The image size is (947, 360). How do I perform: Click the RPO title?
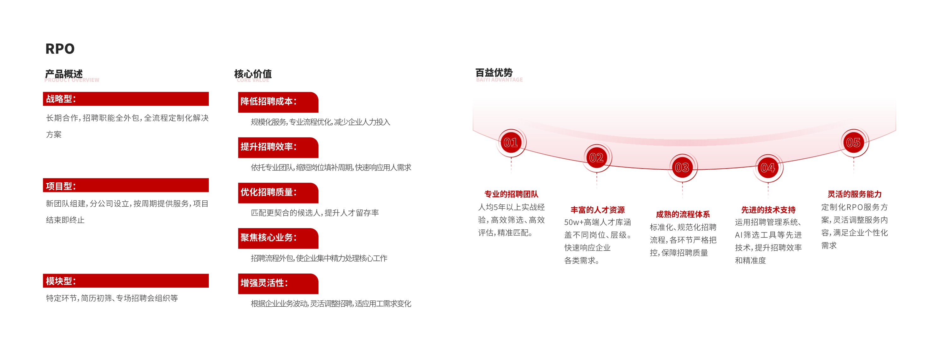(60, 49)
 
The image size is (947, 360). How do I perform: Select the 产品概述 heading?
(64, 74)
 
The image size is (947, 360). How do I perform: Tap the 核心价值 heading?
(253, 74)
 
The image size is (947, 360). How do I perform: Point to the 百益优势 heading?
(494, 73)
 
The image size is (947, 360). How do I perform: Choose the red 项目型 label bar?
(126, 185)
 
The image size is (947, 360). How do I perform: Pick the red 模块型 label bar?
(126, 280)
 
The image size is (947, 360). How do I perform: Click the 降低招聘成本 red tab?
(278, 102)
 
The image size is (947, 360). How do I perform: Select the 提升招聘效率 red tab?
(278, 147)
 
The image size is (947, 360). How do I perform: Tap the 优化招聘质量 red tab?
(278, 193)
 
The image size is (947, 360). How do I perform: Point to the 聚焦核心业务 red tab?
(278, 238)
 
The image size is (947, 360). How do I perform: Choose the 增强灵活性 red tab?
(278, 284)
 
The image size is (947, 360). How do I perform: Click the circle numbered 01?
(511, 142)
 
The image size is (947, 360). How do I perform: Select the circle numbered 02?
(597, 158)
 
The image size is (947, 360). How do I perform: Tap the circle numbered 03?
(682, 168)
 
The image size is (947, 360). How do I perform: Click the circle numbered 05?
(854, 142)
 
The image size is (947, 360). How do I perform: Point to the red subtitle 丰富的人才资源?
(597, 210)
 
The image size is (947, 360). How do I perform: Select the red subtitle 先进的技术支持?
(768, 210)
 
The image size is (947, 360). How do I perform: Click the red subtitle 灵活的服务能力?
(854, 194)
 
